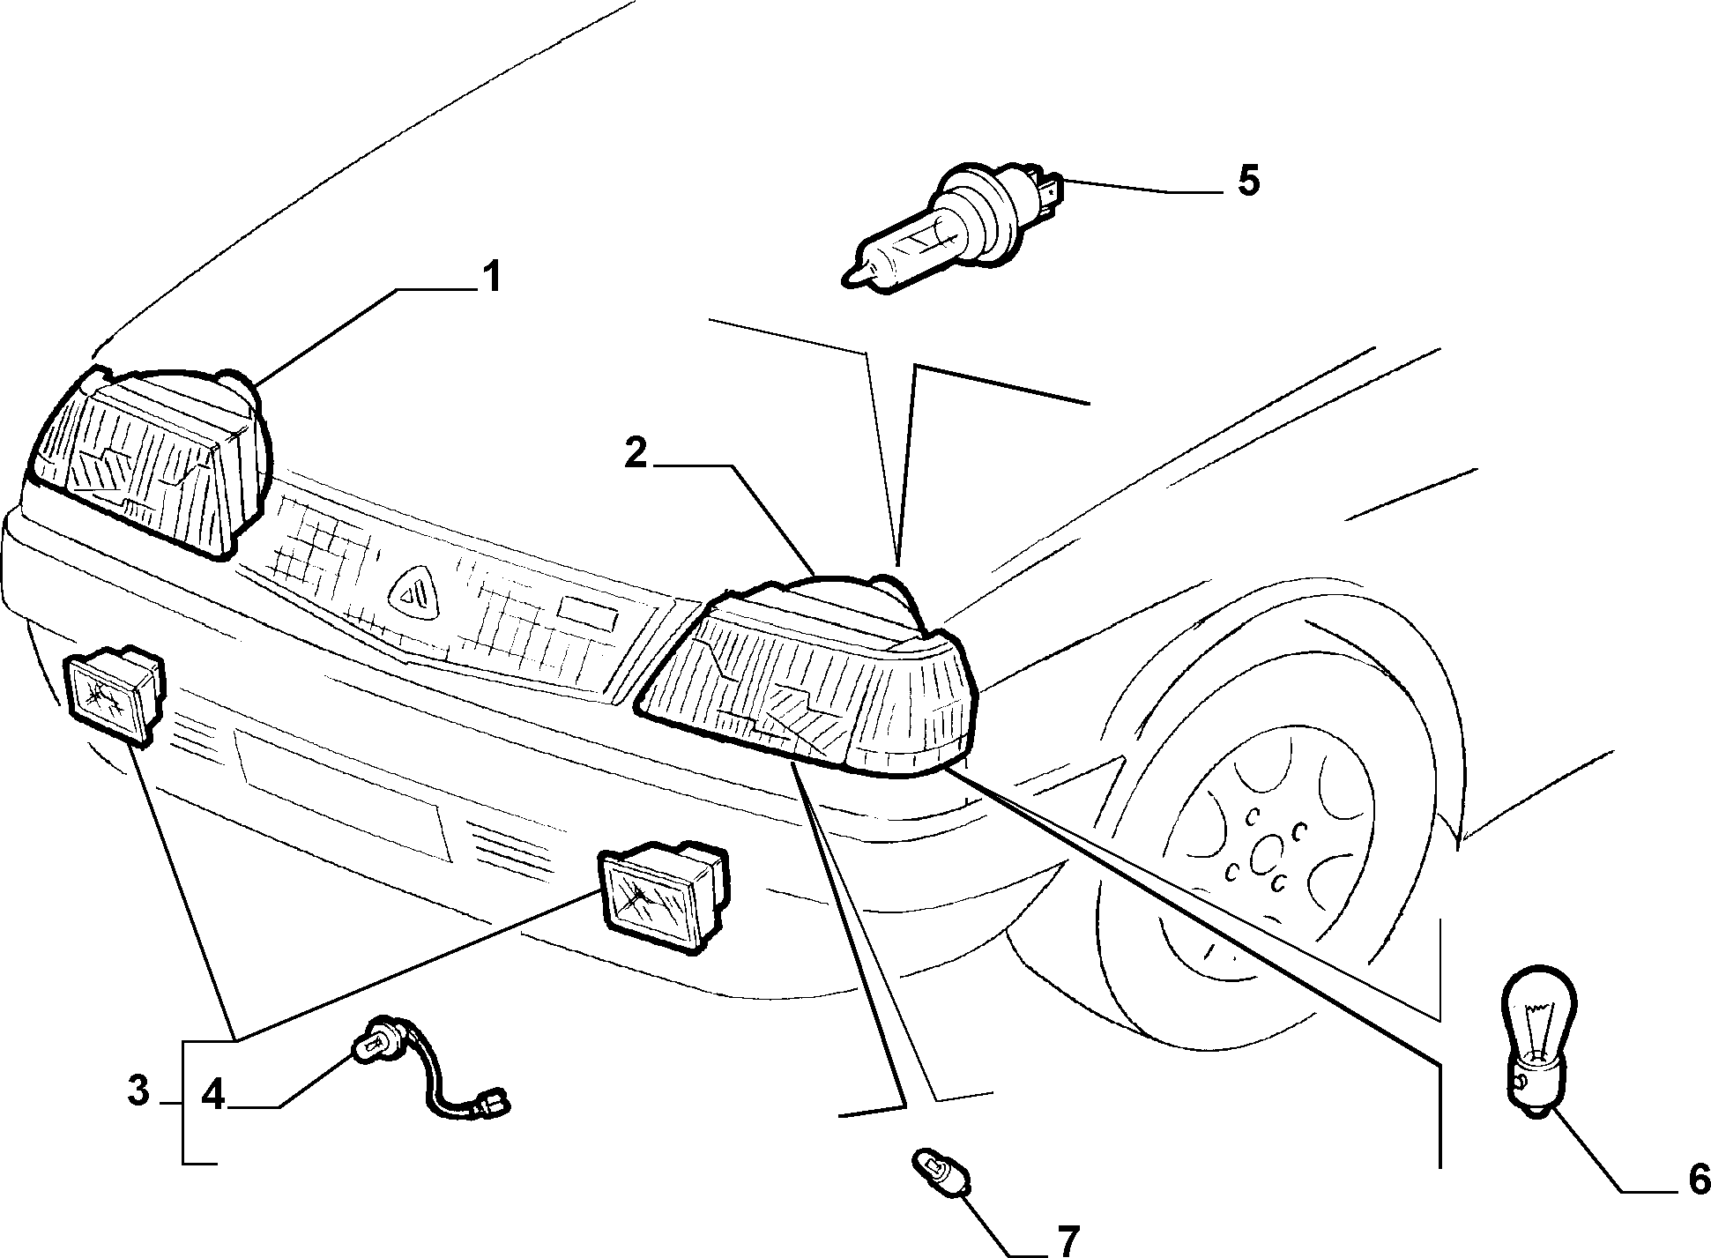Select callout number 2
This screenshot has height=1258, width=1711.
(636, 453)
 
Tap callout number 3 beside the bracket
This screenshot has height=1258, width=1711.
(138, 1091)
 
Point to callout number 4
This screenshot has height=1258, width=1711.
(212, 1096)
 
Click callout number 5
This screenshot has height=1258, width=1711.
(1248, 181)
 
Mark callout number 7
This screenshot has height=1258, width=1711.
(1067, 1241)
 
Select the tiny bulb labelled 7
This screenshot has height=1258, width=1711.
(942, 1167)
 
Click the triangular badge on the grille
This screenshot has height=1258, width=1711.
(414, 592)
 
